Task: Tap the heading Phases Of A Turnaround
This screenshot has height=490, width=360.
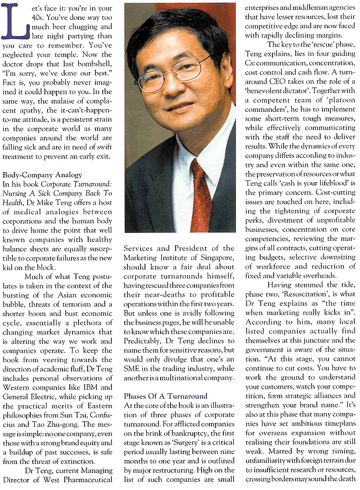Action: tap(158, 396)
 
